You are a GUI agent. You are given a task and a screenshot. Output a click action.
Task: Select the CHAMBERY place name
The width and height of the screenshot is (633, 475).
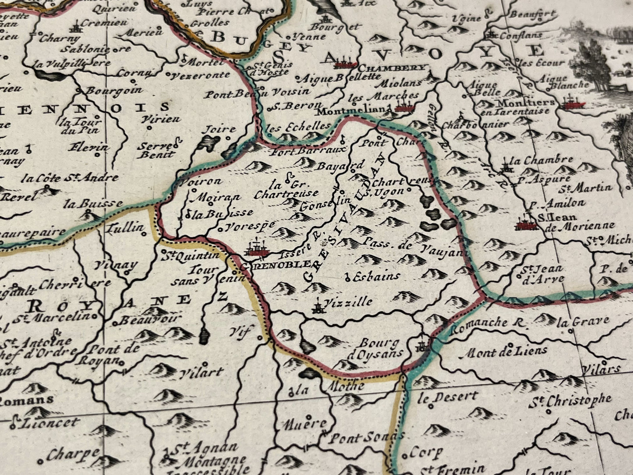(392, 68)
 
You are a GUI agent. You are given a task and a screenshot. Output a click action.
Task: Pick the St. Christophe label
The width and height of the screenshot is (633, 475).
(572, 400)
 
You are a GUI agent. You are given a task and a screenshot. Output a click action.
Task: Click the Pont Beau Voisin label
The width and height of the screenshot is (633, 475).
(258, 92)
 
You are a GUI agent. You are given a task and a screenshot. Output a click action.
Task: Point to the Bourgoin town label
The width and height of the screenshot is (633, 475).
(114, 90)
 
